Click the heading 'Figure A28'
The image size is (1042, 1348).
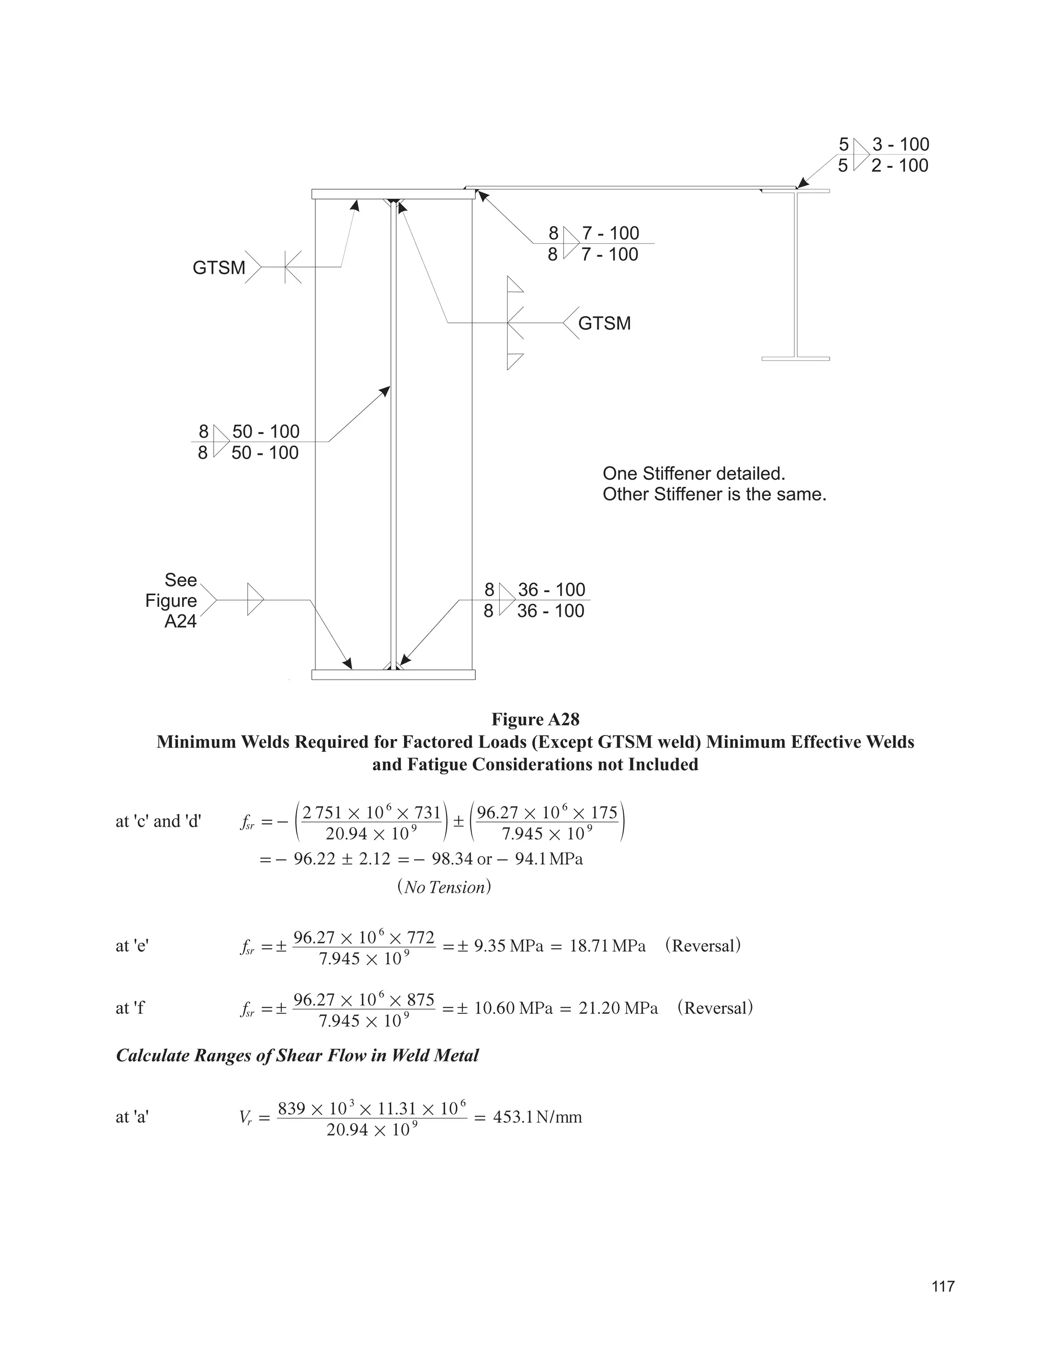pos(535,719)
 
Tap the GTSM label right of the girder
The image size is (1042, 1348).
pos(604,324)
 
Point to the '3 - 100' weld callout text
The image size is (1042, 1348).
pos(901,144)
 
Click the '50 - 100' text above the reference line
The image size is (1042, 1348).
pos(266,431)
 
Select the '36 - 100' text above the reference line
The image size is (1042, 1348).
pos(551,590)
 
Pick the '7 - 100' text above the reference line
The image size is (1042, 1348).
pos(610,233)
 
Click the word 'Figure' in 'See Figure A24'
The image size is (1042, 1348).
pos(171,601)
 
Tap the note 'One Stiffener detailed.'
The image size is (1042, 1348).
pos(694,474)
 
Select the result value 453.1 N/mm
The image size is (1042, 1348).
pos(537,1117)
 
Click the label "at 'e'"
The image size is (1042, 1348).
pos(132,946)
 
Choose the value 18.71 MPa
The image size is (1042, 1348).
pos(607,946)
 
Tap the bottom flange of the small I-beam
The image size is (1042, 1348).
pos(795,359)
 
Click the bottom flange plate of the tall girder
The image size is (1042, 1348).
pos(393,675)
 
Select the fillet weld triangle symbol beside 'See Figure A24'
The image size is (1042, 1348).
pos(254,599)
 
